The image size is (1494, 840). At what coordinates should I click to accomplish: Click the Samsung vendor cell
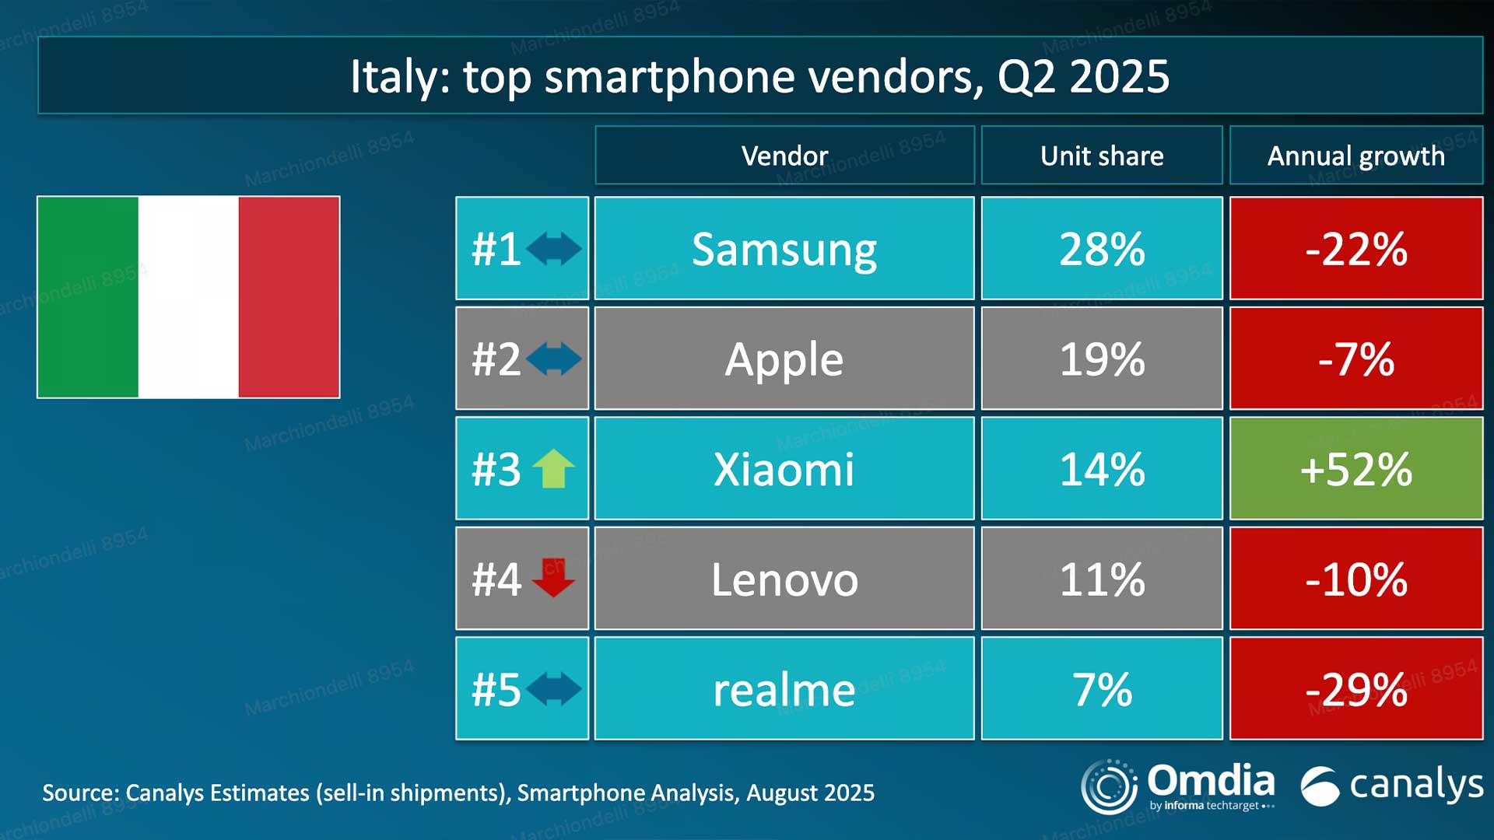[784, 249]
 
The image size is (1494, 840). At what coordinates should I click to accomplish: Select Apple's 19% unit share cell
[1102, 359]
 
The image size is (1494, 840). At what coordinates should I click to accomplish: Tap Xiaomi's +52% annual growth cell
[1355, 469]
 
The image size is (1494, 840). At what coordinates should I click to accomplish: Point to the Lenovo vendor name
[784, 579]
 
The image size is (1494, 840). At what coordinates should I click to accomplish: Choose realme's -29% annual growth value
[1355, 689]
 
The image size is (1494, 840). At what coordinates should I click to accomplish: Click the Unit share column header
[1102, 156]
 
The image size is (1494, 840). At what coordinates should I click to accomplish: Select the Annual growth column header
[1355, 156]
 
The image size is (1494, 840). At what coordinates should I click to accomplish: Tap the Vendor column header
[784, 156]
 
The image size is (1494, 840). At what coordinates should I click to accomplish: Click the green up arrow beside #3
[553, 469]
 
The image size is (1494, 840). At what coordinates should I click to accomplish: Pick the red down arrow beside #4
[553, 578]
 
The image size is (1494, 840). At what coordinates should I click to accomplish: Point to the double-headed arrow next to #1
[553, 249]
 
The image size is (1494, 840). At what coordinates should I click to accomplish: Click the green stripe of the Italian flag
[88, 297]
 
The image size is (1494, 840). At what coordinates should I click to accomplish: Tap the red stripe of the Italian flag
[289, 297]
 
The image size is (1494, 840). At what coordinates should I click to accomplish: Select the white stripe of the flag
[188, 297]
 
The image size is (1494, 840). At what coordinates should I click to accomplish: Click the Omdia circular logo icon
[1109, 786]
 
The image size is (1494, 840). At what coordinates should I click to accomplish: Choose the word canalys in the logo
[1416, 785]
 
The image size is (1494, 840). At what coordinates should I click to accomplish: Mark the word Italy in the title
[394, 76]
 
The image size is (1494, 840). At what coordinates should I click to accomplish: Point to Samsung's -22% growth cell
[1355, 249]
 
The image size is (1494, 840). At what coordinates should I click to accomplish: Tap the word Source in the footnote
[79, 793]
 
